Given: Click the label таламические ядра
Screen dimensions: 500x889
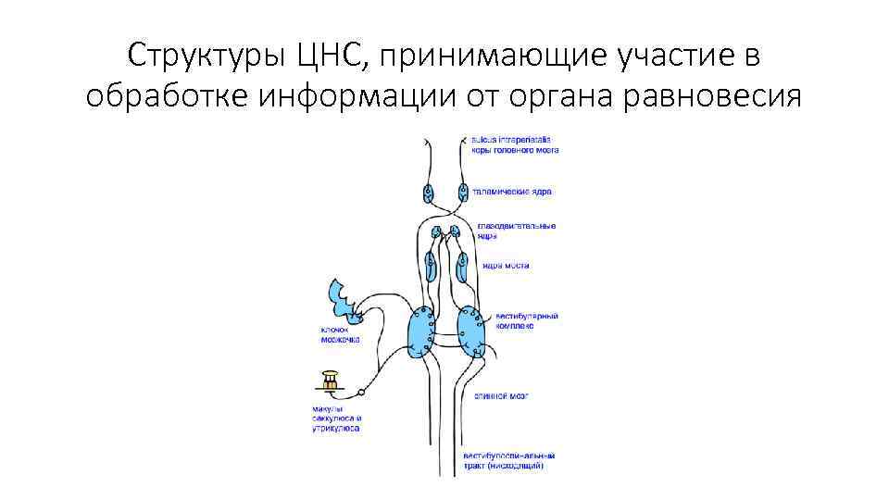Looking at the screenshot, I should (x=512, y=192).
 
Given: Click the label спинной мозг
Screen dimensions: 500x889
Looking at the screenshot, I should (x=501, y=395).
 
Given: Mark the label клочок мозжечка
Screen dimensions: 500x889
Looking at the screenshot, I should (x=340, y=335).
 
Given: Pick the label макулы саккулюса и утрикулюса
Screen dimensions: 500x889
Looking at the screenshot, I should (x=334, y=419).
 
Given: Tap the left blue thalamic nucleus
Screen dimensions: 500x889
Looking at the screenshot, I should (x=429, y=194).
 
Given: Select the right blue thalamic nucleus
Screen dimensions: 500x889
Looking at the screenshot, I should (x=461, y=194).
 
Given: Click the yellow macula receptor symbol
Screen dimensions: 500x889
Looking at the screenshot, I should (x=331, y=380).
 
